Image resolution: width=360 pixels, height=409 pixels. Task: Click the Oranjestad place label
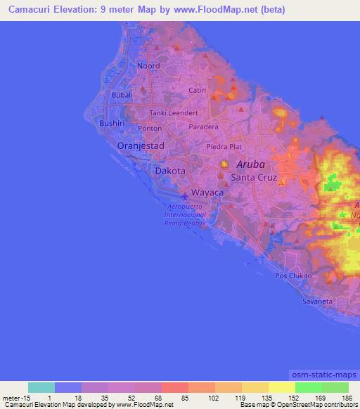point(141,145)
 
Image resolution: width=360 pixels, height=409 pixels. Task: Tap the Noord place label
point(148,65)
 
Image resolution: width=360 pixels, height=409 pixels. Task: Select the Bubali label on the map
point(123,94)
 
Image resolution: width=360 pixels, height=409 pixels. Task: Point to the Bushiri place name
point(112,122)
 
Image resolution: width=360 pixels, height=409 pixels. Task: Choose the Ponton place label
point(150,129)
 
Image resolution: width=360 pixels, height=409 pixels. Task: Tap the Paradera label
point(204,127)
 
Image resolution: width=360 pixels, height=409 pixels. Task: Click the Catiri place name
point(198,91)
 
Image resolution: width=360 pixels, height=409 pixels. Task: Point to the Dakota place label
point(170,171)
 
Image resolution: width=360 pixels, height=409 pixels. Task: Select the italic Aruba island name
point(251,164)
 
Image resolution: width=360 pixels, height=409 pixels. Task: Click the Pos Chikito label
point(293,276)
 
